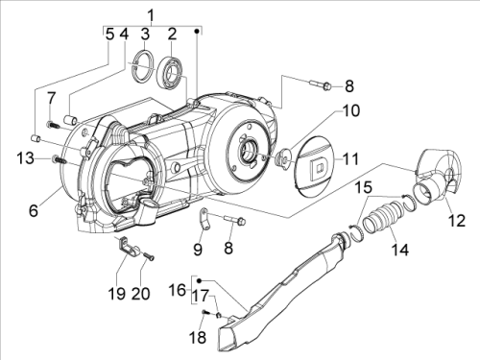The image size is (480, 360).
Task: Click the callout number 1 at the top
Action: point(151,15)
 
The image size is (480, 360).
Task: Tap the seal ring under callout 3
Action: point(143,65)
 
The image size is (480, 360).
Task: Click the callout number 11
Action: point(351,159)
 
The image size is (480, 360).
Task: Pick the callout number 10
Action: point(351,110)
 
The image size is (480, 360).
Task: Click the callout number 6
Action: point(34,210)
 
